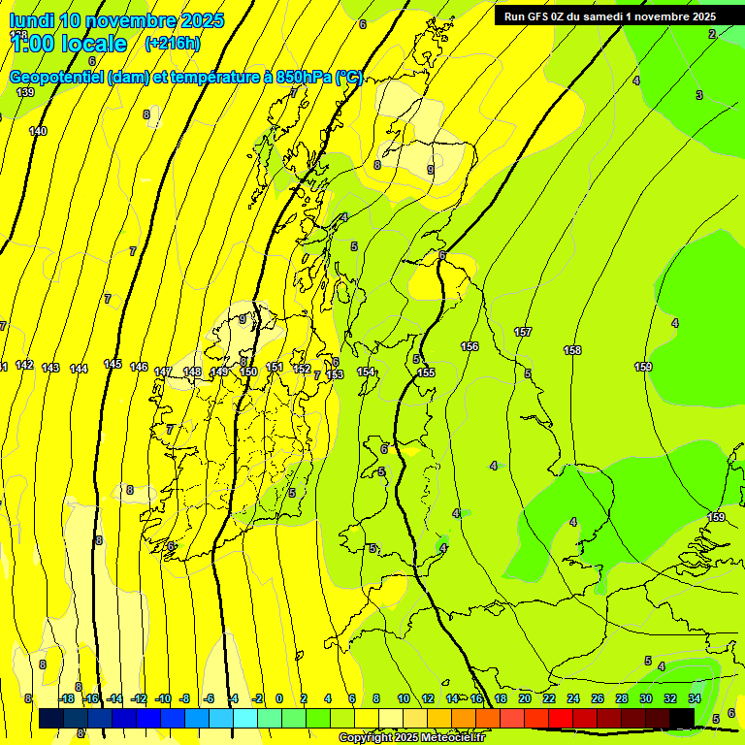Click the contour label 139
click(x=25, y=92)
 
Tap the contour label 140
click(x=38, y=131)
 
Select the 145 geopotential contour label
click(x=113, y=364)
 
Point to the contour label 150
click(x=248, y=372)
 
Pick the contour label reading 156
click(x=470, y=346)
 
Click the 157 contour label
click(x=523, y=332)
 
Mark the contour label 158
click(x=572, y=350)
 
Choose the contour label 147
click(x=163, y=372)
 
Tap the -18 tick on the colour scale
click(x=67, y=698)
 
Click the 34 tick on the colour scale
click(x=695, y=698)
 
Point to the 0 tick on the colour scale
click(x=279, y=698)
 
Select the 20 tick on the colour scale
click(x=525, y=698)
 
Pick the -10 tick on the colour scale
click(x=163, y=698)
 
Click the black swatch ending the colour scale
click(x=682, y=717)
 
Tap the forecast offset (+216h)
click(x=172, y=43)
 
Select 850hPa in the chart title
click(x=301, y=78)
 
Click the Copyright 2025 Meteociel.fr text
click(x=411, y=738)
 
